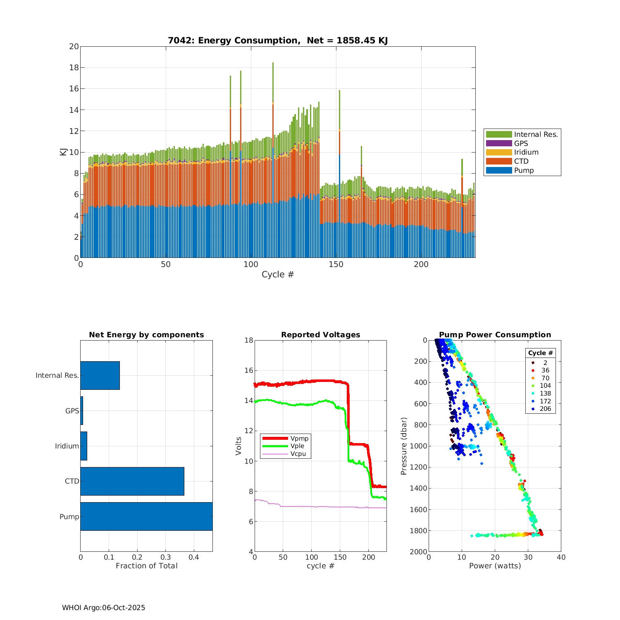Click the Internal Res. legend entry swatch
pyautogui.click(x=499, y=134)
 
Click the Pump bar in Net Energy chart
pyautogui.click(x=146, y=516)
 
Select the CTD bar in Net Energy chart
pyautogui.click(x=132, y=481)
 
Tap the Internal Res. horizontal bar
pyautogui.click(x=100, y=375)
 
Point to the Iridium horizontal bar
pyautogui.click(x=84, y=446)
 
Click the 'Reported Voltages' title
pyautogui.click(x=320, y=335)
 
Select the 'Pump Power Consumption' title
pyautogui.click(x=495, y=335)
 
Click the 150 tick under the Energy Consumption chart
pyautogui.click(x=336, y=265)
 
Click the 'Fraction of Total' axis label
pyautogui.click(x=146, y=566)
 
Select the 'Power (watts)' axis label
pyautogui.click(x=495, y=566)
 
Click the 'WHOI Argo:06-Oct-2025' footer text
pyautogui.click(x=103, y=608)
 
